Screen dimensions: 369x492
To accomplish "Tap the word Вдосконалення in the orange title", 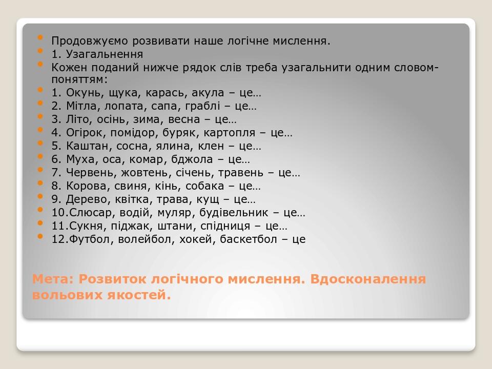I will [368, 279].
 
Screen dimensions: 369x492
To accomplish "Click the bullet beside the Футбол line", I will [40, 237].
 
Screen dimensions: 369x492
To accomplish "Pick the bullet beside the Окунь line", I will [40, 90].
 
